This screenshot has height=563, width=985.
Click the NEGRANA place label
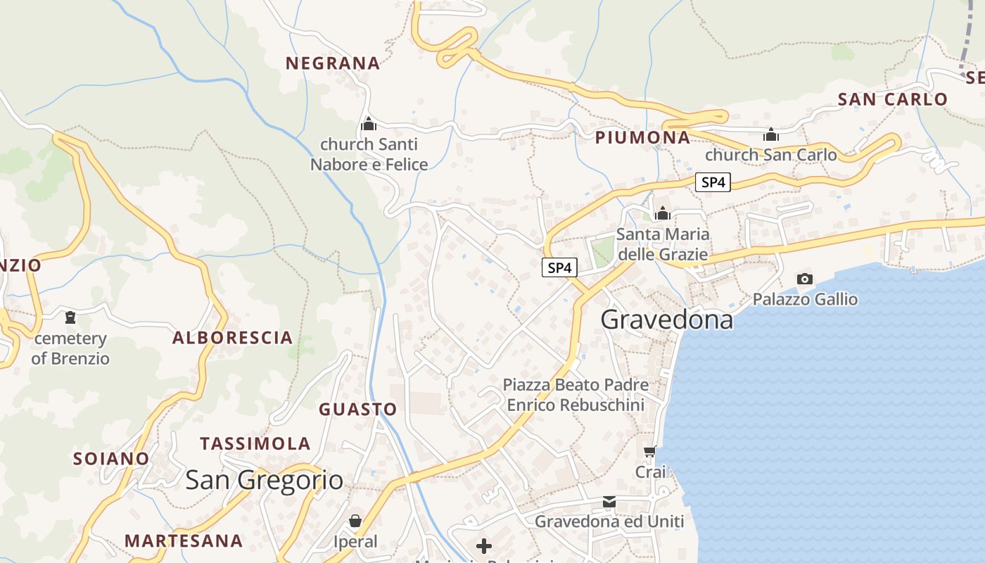[x=332, y=63]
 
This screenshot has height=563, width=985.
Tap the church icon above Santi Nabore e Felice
[x=369, y=125]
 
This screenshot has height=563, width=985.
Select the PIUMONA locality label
[x=642, y=137]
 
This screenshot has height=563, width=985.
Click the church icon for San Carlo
[x=771, y=134]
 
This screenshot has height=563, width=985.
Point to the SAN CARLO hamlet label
[x=893, y=99]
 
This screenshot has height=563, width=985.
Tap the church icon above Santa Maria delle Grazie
[x=662, y=213]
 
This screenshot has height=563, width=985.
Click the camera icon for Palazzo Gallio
[x=805, y=279]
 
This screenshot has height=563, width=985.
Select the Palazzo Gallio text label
[x=805, y=299]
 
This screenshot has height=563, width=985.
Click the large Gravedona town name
[x=666, y=320]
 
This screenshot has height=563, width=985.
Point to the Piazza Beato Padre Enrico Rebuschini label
[x=576, y=395]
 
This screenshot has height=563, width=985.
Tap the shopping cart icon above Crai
[x=649, y=451]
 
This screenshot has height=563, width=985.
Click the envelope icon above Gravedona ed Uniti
[x=609, y=502]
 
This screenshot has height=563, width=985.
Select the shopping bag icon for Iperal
[x=355, y=521]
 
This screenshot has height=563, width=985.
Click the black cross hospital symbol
[x=484, y=545]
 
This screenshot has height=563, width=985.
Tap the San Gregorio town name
[x=264, y=480]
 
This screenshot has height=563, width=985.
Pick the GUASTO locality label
[x=358, y=409]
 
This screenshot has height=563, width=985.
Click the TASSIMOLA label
[x=255, y=444]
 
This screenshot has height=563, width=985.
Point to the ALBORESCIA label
[x=232, y=338]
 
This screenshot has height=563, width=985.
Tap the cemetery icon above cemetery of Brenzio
[x=70, y=317]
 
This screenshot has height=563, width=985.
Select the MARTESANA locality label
[x=184, y=541]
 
